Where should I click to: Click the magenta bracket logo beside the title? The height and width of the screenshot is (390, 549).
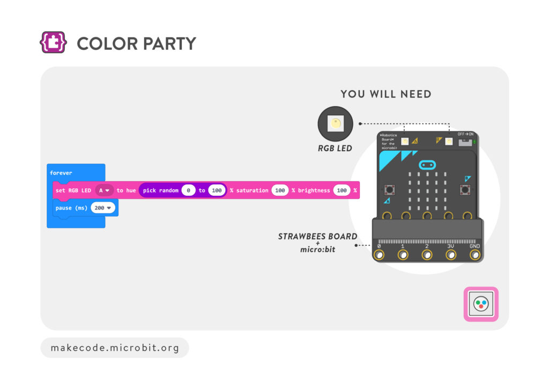pos(53,43)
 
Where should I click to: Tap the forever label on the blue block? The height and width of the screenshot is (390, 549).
pos(61,173)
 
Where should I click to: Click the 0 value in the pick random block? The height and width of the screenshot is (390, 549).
pos(188,190)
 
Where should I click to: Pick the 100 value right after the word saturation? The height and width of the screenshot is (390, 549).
pos(280,190)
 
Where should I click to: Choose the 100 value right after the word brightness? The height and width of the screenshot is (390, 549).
pos(342,190)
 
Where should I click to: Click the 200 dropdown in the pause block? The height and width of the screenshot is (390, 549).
pos(103,208)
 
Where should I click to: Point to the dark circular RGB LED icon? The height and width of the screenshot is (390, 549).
pos(336,124)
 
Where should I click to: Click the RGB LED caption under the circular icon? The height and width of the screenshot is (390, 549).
pos(335,148)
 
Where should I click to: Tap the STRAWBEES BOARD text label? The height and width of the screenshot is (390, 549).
pos(317,236)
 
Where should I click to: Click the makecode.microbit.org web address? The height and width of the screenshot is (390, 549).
pos(115,348)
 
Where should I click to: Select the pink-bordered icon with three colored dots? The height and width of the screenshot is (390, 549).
pos(480,304)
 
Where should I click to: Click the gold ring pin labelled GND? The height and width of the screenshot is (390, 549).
pos(474,254)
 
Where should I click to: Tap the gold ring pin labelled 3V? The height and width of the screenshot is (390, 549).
pos(451,254)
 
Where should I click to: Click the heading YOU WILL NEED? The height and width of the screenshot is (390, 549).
pos(385,94)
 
